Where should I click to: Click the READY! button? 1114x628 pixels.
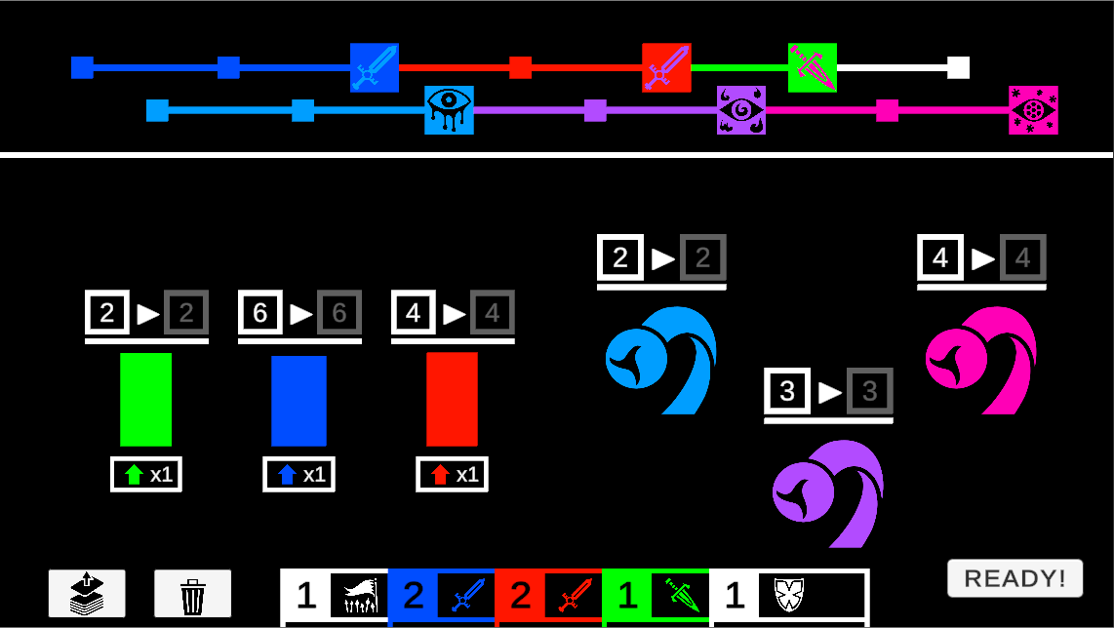(1015, 578)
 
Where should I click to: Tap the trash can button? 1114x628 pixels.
(192, 594)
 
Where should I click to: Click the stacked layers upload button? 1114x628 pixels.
(87, 594)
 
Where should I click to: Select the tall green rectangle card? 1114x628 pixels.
(145, 400)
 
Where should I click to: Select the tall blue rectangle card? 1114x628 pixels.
(298, 401)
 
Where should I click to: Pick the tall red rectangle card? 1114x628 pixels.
(452, 400)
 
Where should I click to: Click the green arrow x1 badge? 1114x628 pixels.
(146, 475)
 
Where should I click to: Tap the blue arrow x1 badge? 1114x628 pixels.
(298, 475)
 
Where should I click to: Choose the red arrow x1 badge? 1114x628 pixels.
(452, 475)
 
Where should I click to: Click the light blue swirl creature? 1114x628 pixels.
(661, 359)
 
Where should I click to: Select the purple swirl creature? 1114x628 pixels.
(828, 492)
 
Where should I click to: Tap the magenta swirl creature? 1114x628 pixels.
(981, 359)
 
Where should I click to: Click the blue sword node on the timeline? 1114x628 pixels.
(375, 67)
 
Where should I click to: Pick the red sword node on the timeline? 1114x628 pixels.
(666, 67)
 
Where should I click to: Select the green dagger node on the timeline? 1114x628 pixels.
(813, 67)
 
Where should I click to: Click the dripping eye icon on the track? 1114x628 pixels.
(449, 110)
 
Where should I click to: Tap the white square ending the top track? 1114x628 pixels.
(958, 67)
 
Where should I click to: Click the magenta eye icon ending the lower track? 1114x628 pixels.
(1033, 110)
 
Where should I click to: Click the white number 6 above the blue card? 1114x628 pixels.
(260, 313)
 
